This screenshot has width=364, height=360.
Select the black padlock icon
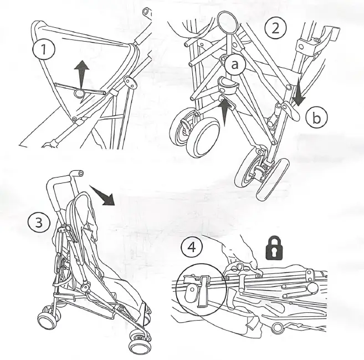273,249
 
